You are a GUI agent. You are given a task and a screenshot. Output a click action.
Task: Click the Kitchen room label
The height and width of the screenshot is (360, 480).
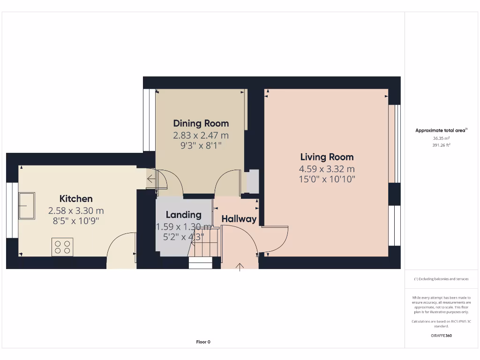point(76,199)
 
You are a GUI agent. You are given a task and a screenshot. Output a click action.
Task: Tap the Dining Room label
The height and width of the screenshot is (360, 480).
point(201,123)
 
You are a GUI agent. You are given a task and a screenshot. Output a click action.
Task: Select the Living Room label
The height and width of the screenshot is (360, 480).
point(327,157)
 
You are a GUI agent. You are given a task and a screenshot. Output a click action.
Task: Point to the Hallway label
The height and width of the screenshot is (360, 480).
point(239,219)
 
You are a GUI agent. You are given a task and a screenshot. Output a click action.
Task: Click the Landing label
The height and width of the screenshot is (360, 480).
point(183,215)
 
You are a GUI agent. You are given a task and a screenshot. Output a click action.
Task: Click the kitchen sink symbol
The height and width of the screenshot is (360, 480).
point(26,206)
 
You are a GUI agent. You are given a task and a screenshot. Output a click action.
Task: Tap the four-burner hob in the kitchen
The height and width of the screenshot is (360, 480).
point(62,247)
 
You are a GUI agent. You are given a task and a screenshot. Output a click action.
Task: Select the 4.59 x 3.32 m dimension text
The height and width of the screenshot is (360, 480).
point(327,169)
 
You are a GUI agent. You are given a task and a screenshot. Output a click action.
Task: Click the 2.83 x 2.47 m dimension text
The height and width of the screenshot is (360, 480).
point(201,135)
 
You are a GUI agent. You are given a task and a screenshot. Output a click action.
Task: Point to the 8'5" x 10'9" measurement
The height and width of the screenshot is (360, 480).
point(76,221)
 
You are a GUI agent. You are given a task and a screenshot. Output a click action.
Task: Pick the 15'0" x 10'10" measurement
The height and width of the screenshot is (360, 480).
point(327,179)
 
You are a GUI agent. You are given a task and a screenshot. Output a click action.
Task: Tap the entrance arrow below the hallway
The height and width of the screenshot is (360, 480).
point(240,267)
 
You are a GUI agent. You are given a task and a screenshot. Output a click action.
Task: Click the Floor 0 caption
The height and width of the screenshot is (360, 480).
point(203,342)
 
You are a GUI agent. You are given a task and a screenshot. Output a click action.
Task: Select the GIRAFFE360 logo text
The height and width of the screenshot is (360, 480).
point(441,336)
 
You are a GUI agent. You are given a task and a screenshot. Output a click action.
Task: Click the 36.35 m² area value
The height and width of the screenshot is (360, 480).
point(441,138)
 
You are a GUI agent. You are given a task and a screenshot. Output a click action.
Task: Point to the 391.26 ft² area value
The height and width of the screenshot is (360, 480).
point(441,145)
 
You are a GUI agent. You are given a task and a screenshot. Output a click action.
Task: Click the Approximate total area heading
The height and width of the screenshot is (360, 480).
point(441,131)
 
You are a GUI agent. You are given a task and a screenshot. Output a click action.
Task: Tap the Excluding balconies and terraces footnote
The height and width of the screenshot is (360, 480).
point(441,279)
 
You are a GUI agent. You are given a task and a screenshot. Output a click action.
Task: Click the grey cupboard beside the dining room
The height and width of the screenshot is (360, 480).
point(253,181)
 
